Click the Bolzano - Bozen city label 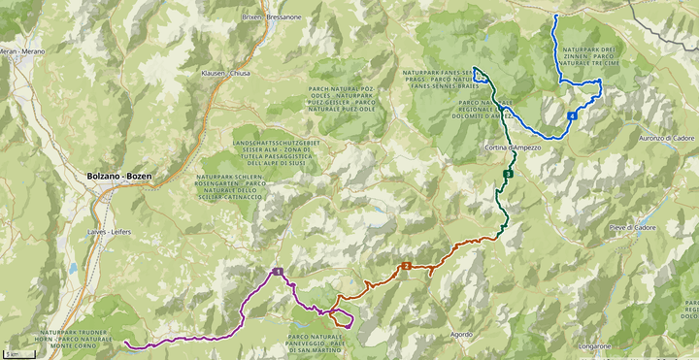[x=112, y=176]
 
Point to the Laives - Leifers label [x=108, y=232]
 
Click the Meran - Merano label [x=21, y=50]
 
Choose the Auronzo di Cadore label [x=666, y=139]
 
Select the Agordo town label [x=462, y=335]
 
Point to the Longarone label [x=592, y=345]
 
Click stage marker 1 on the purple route [x=278, y=272]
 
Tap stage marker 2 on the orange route [x=406, y=266]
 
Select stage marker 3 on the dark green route [x=508, y=174]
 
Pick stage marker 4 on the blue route [x=573, y=116]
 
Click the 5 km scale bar [x=13, y=353]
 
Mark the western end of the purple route [x=126, y=343]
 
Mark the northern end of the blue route [x=555, y=16]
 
